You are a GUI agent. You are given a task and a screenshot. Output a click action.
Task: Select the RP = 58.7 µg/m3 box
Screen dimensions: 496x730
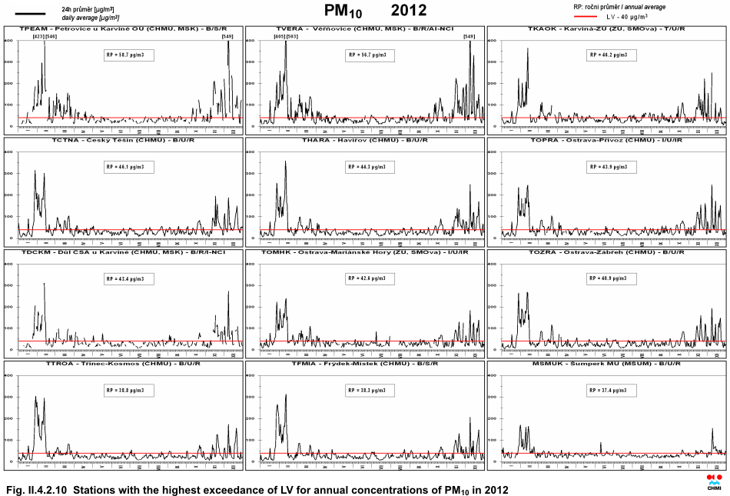coord(129,55)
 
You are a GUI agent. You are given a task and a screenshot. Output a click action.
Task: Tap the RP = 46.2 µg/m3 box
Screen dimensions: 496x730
coord(610,55)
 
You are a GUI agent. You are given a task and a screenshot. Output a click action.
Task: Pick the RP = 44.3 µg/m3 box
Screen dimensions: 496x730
coord(370,167)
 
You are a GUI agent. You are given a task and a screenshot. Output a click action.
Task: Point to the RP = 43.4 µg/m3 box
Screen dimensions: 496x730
coord(129,278)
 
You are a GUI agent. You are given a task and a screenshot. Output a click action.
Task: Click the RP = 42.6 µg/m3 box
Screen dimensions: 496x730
coord(370,278)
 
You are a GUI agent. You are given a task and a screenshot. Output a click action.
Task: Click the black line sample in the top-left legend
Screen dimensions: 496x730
coord(30,14)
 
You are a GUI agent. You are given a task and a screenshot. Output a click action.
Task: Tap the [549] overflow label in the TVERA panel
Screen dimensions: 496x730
coord(469,36)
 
